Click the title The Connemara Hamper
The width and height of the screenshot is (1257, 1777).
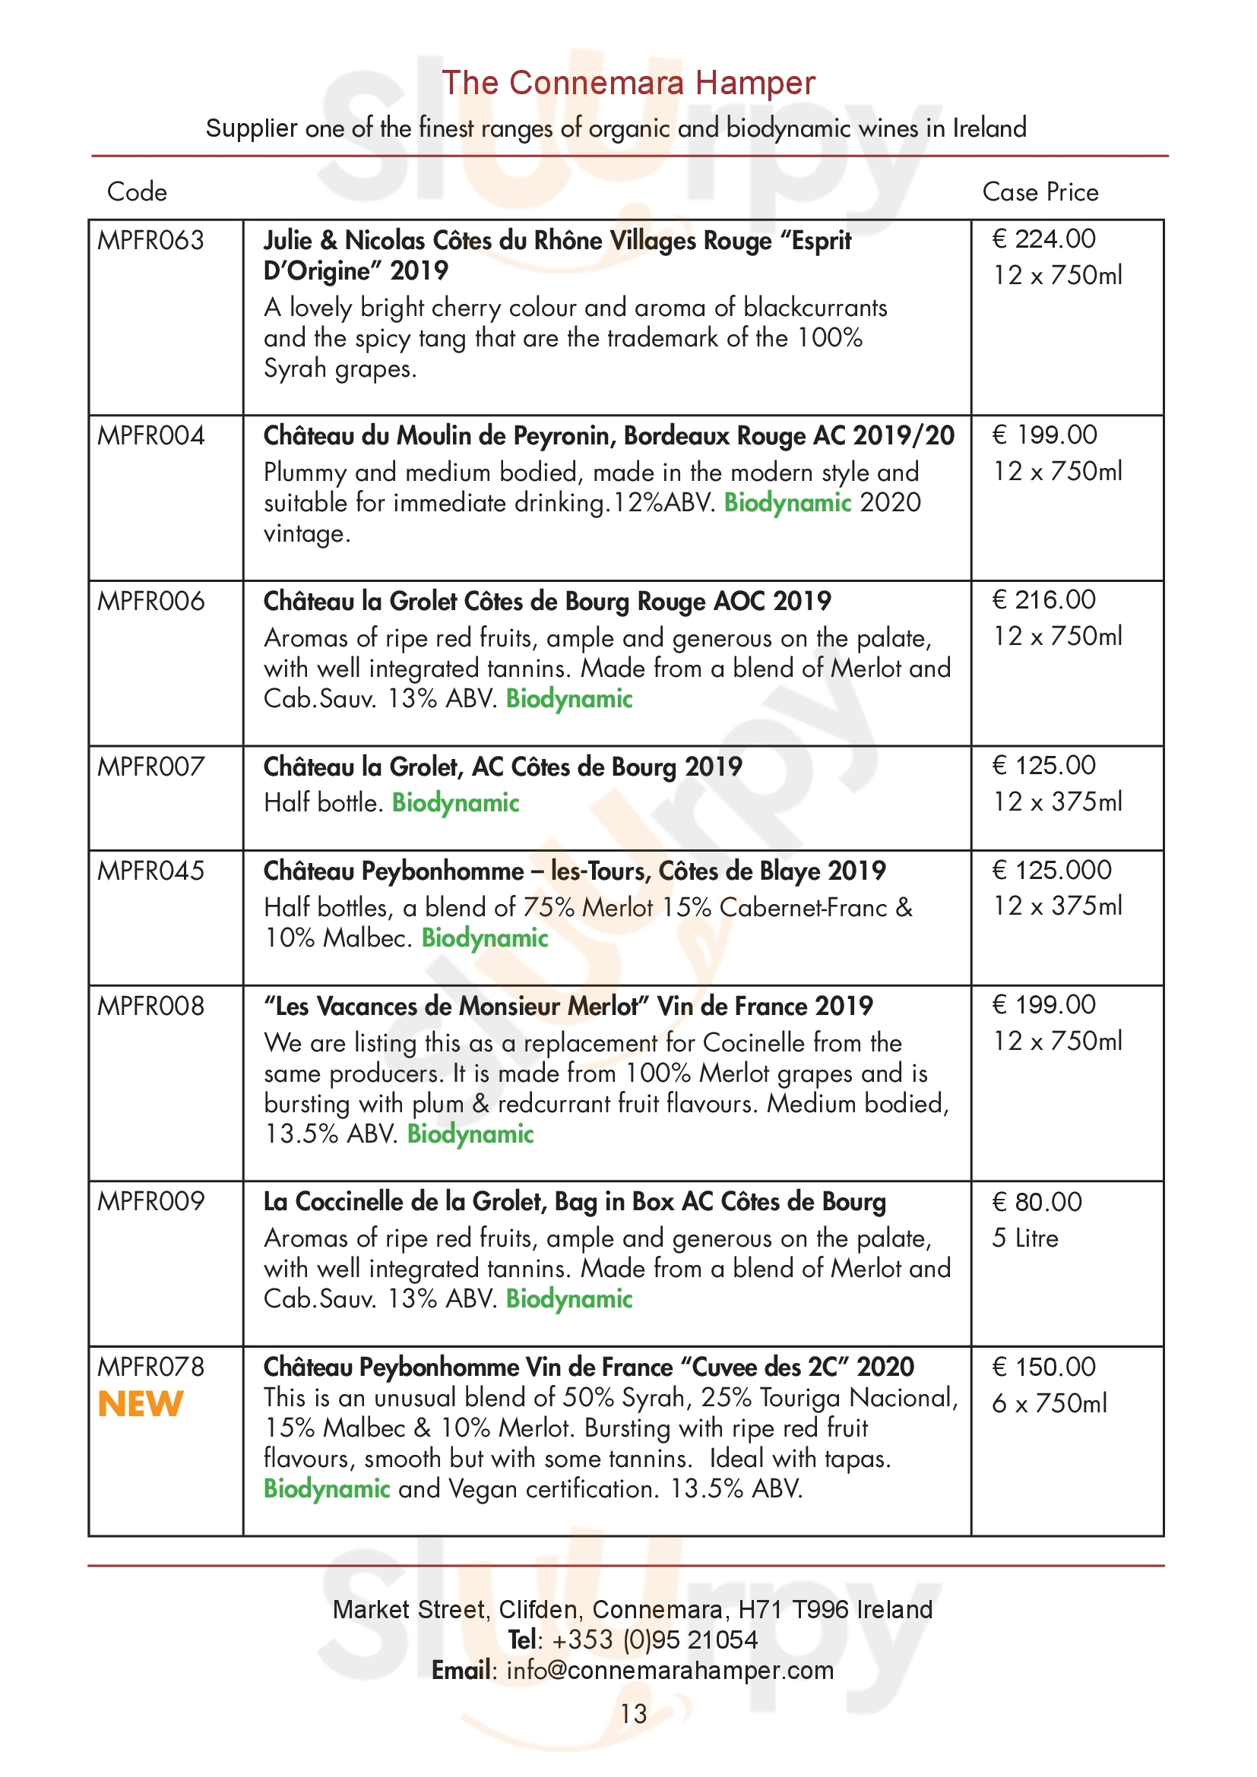tap(628, 84)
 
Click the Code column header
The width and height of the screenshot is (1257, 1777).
tap(136, 192)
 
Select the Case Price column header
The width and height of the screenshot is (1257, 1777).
tap(1040, 192)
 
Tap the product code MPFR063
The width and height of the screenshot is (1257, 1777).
tap(150, 241)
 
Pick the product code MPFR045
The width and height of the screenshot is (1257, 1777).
tap(150, 871)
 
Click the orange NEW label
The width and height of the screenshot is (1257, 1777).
tap(140, 1404)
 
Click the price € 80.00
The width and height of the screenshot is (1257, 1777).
tap(1037, 1202)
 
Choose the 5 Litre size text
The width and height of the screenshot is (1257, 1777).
tap(1024, 1238)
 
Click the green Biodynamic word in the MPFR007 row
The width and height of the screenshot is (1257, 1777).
tap(455, 802)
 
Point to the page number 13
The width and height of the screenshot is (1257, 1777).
tap(633, 1713)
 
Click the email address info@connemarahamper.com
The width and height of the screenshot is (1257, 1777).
tap(670, 1670)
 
